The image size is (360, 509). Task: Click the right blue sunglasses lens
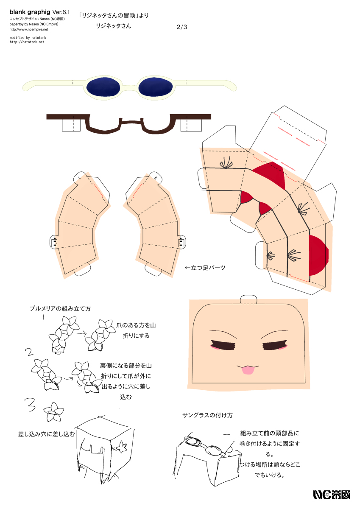coord(155,87)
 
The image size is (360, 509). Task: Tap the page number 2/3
coord(181,27)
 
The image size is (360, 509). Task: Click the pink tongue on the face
coord(248,371)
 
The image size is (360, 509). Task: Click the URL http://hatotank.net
coord(27,42)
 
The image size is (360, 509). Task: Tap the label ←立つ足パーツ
coord(205,268)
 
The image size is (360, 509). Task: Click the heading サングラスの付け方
coord(207,415)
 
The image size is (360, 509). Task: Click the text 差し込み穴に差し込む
coord(47,434)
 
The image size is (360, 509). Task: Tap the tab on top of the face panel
coord(249,299)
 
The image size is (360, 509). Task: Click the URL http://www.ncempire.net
coord(28,29)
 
